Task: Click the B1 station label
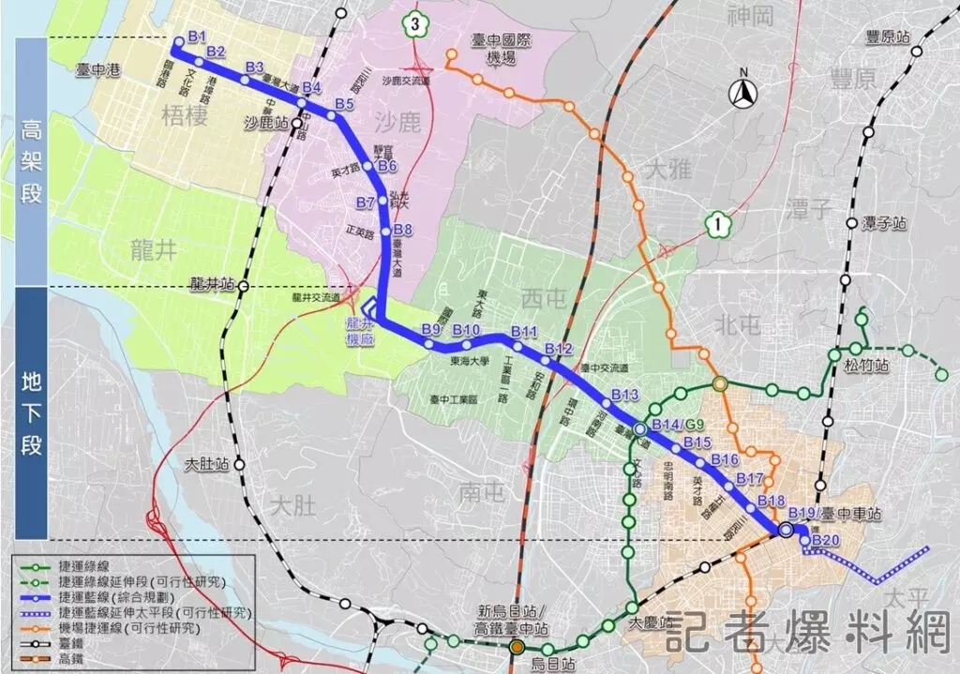tap(196, 37)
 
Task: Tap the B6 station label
tap(388, 167)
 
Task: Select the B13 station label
tap(623, 395)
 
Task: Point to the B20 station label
tap(826, 541)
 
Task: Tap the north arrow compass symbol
tap(744, 91)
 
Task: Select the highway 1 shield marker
tap(716, 224)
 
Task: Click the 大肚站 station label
tap(206, 462)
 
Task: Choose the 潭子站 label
tap(886, 224)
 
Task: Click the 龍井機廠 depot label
tap(359, 331)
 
